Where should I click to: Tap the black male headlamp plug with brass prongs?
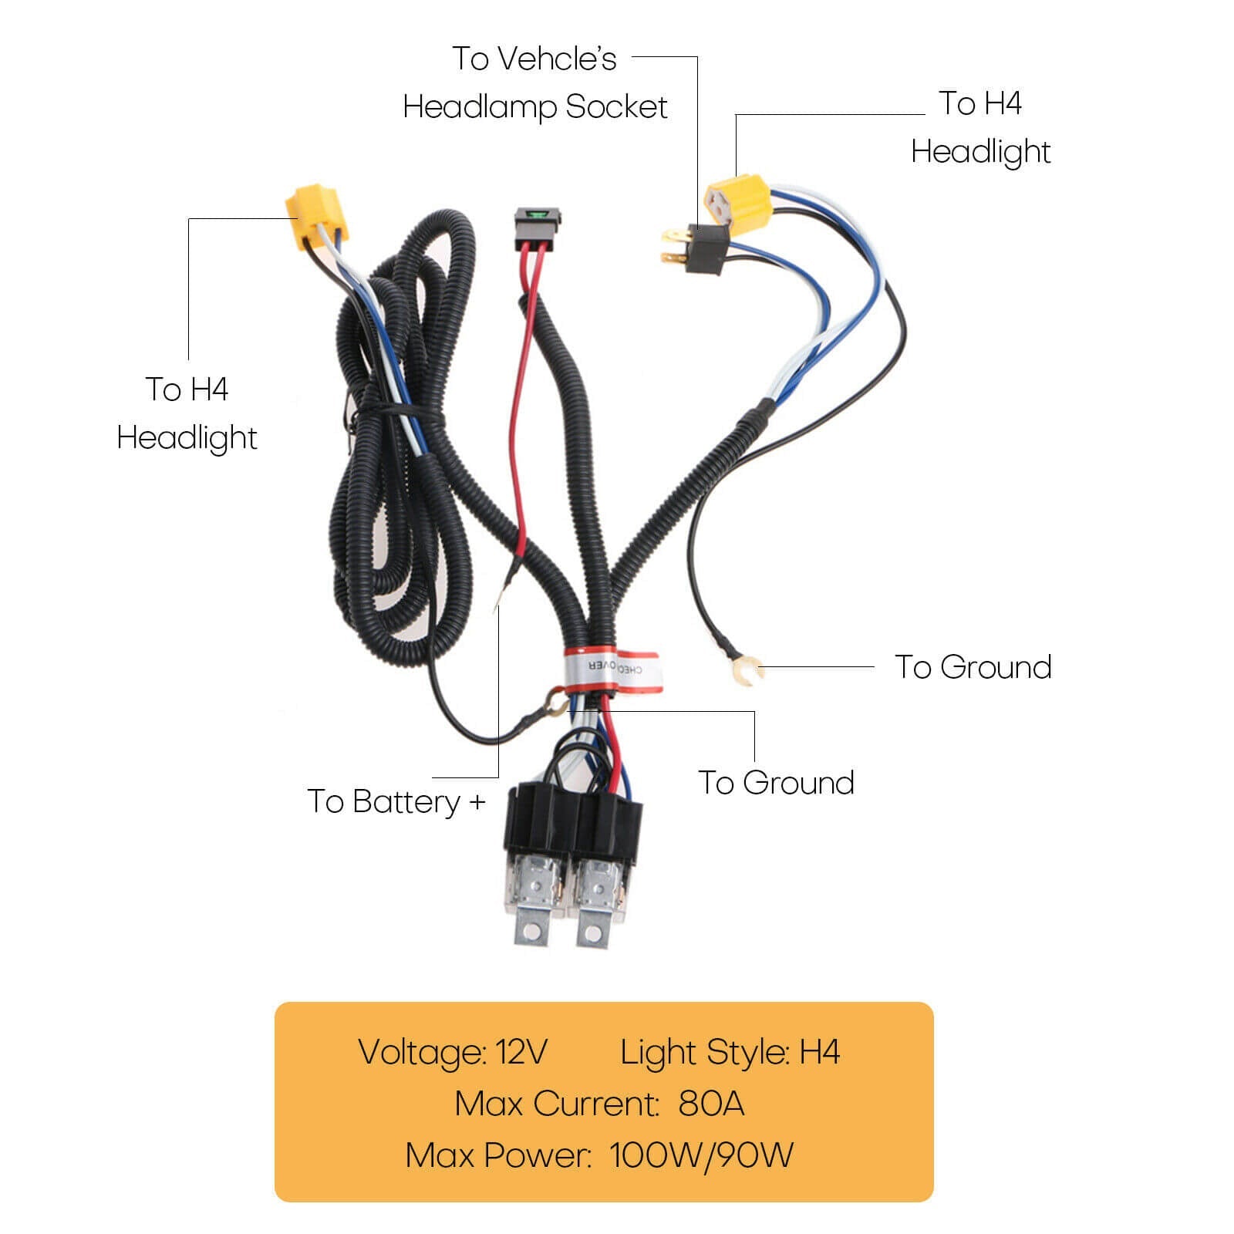click(698, 247)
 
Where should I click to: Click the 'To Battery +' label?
click(396, 802)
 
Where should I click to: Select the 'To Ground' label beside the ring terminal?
click(973, 667)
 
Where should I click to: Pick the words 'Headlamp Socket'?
click(534, 107)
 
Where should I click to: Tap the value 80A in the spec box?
click(711, 1104)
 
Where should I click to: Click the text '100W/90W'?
click(701, 1155)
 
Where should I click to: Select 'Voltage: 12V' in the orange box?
click(453, 1052)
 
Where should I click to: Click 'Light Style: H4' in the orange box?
click(730, 1052)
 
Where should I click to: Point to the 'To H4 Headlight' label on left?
click(187, 413)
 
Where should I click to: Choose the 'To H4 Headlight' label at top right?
click(980, 127)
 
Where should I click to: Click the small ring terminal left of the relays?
click(553, 701)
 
